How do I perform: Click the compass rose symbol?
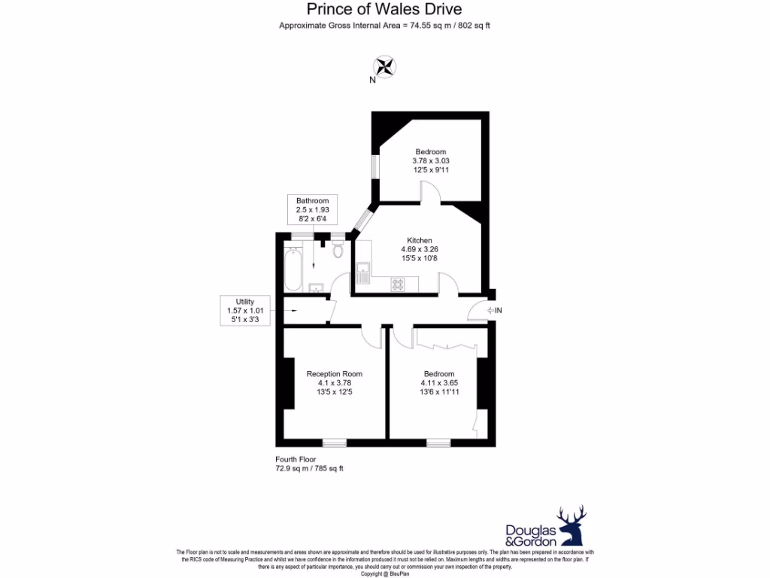[385, 66]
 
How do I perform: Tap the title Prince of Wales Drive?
[384, 10]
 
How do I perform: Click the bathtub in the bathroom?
[293, 268]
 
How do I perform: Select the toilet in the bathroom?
[338, 248]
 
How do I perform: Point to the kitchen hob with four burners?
[398, 284]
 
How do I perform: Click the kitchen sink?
[362, 271]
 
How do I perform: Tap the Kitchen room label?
[420, 240]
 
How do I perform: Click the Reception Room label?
[334, 374]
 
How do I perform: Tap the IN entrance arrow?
[494, 310]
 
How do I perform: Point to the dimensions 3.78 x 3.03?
[431, 161]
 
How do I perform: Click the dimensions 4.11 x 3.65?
[439, 383]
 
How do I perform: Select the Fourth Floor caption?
[296, 459]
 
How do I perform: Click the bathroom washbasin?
[316, 287]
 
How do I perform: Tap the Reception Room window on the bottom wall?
[335, 443]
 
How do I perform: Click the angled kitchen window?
[362, 219]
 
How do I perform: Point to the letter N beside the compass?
[372, 80]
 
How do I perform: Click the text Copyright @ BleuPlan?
[385, 574]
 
